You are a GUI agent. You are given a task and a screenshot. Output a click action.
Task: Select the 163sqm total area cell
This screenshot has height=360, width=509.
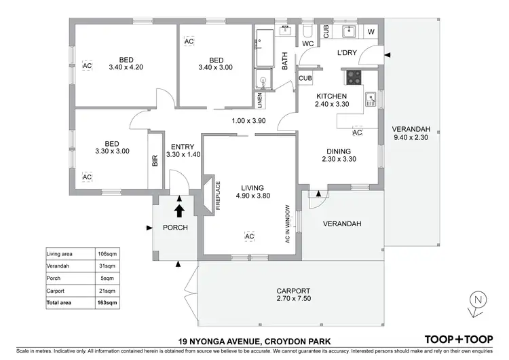(107, 302)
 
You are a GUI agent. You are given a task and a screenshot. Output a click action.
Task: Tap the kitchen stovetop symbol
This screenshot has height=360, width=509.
(354, 77)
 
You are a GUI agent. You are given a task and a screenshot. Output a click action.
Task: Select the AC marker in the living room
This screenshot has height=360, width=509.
(249, 236)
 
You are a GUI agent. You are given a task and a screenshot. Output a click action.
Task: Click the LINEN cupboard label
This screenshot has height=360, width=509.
(260, 100)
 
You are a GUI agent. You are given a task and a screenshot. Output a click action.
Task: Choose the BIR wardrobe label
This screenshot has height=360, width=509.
(155, 161)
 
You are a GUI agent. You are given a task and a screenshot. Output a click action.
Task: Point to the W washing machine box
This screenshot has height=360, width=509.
(371, 32)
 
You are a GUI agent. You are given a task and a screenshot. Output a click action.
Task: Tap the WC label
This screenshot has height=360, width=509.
(307, 45)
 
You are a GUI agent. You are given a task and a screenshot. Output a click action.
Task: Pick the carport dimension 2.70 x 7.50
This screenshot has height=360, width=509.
(294, 298)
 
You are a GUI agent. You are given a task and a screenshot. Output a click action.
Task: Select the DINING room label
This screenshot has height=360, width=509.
(337, 151)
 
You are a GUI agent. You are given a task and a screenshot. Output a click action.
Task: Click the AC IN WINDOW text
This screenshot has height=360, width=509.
(288, 223)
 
